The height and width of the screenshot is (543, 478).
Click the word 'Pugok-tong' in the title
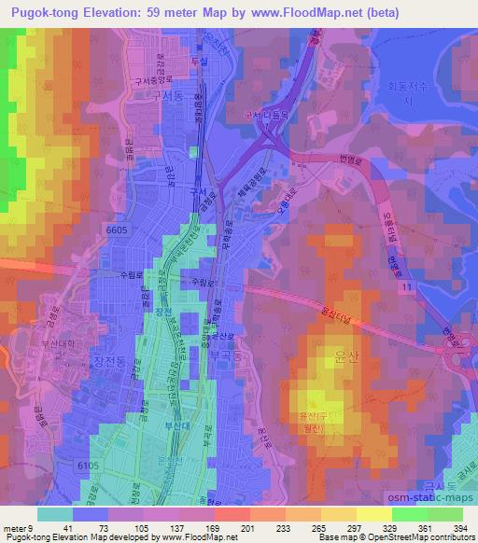[x=42, y=12]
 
